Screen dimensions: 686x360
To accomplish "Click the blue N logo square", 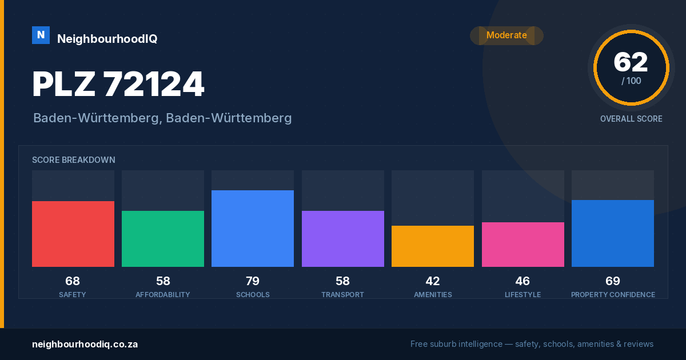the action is pos(41,35).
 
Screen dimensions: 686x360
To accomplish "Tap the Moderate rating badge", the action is pos(506,35).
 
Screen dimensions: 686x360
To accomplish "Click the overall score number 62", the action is pos(631,62).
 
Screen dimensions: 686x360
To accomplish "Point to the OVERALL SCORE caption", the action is pos(631,119).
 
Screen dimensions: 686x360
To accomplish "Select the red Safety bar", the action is pos(73,234).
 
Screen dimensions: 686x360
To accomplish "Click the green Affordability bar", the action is pos(163,239).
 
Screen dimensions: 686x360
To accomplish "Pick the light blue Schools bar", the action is pos(253,229).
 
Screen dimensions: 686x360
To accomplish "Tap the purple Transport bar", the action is pos(342,239).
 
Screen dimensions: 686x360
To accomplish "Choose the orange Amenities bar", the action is pos(433,246).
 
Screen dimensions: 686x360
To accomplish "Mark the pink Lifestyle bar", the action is pos(523,245).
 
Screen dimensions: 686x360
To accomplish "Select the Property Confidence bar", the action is pos(613,233).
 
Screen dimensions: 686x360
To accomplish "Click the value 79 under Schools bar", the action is pos(253,281).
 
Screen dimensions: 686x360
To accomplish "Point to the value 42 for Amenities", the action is pos(433,281).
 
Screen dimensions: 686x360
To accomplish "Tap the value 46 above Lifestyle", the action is pos(523,281).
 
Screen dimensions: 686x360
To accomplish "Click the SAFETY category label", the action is pos(73,295).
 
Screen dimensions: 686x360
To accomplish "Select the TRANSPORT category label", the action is pos(342,295).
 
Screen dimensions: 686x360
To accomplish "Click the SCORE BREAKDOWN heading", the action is pos(74,160).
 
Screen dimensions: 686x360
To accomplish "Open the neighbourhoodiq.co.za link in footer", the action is pos(85,345).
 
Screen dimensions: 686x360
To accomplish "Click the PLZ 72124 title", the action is pos(118,84).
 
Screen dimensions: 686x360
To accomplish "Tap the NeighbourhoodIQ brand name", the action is pos(107,39).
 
